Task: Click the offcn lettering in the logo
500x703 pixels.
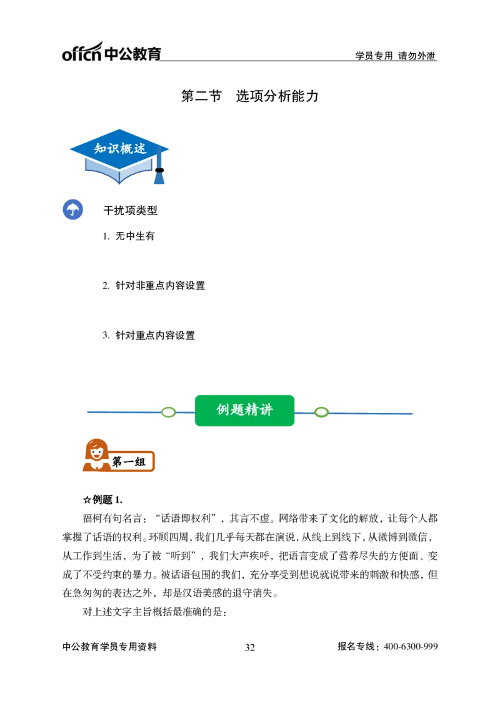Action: click(x=81, y=54)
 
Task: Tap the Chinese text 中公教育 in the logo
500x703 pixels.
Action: click(x=133, y=54)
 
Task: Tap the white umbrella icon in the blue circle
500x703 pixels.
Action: click(x=72, y=210)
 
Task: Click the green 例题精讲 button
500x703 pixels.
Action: click(x=244, y=410)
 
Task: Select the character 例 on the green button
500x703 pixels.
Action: click(x=223, y=410)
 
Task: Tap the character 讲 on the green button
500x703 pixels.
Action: click(x=266, y=410)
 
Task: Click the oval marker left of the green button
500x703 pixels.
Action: click(x=168, y=412)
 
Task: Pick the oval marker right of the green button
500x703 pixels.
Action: click(x=321, y=412)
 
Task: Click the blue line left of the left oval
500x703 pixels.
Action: click(x=122, y=413)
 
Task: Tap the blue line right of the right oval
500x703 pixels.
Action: click(x=372, y=413)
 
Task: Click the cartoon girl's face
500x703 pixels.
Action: click(x=97, y=452)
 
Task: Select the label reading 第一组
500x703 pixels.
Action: click(x=129, y=462)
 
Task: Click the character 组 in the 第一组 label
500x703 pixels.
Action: click(x=141, y=462)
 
